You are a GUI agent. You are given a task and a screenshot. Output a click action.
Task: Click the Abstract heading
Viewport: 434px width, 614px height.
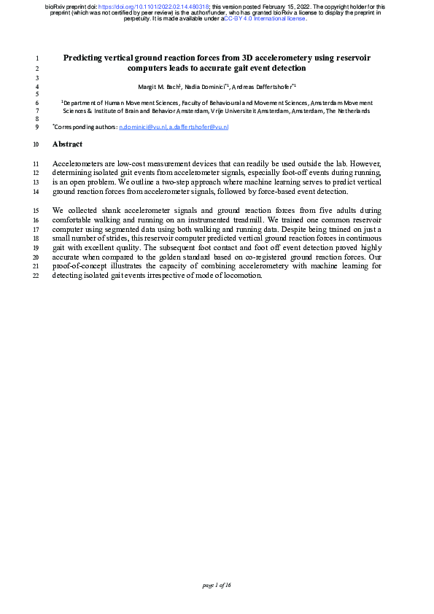click(x=67, y=144)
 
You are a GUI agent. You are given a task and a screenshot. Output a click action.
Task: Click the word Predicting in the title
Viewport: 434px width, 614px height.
click(x=86, y=57)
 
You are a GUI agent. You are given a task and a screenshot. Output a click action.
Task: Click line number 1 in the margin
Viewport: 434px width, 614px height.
click(x=36, y=57)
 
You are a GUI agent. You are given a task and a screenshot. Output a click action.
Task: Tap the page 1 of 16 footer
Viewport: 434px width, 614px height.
click(x=217, y=584)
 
